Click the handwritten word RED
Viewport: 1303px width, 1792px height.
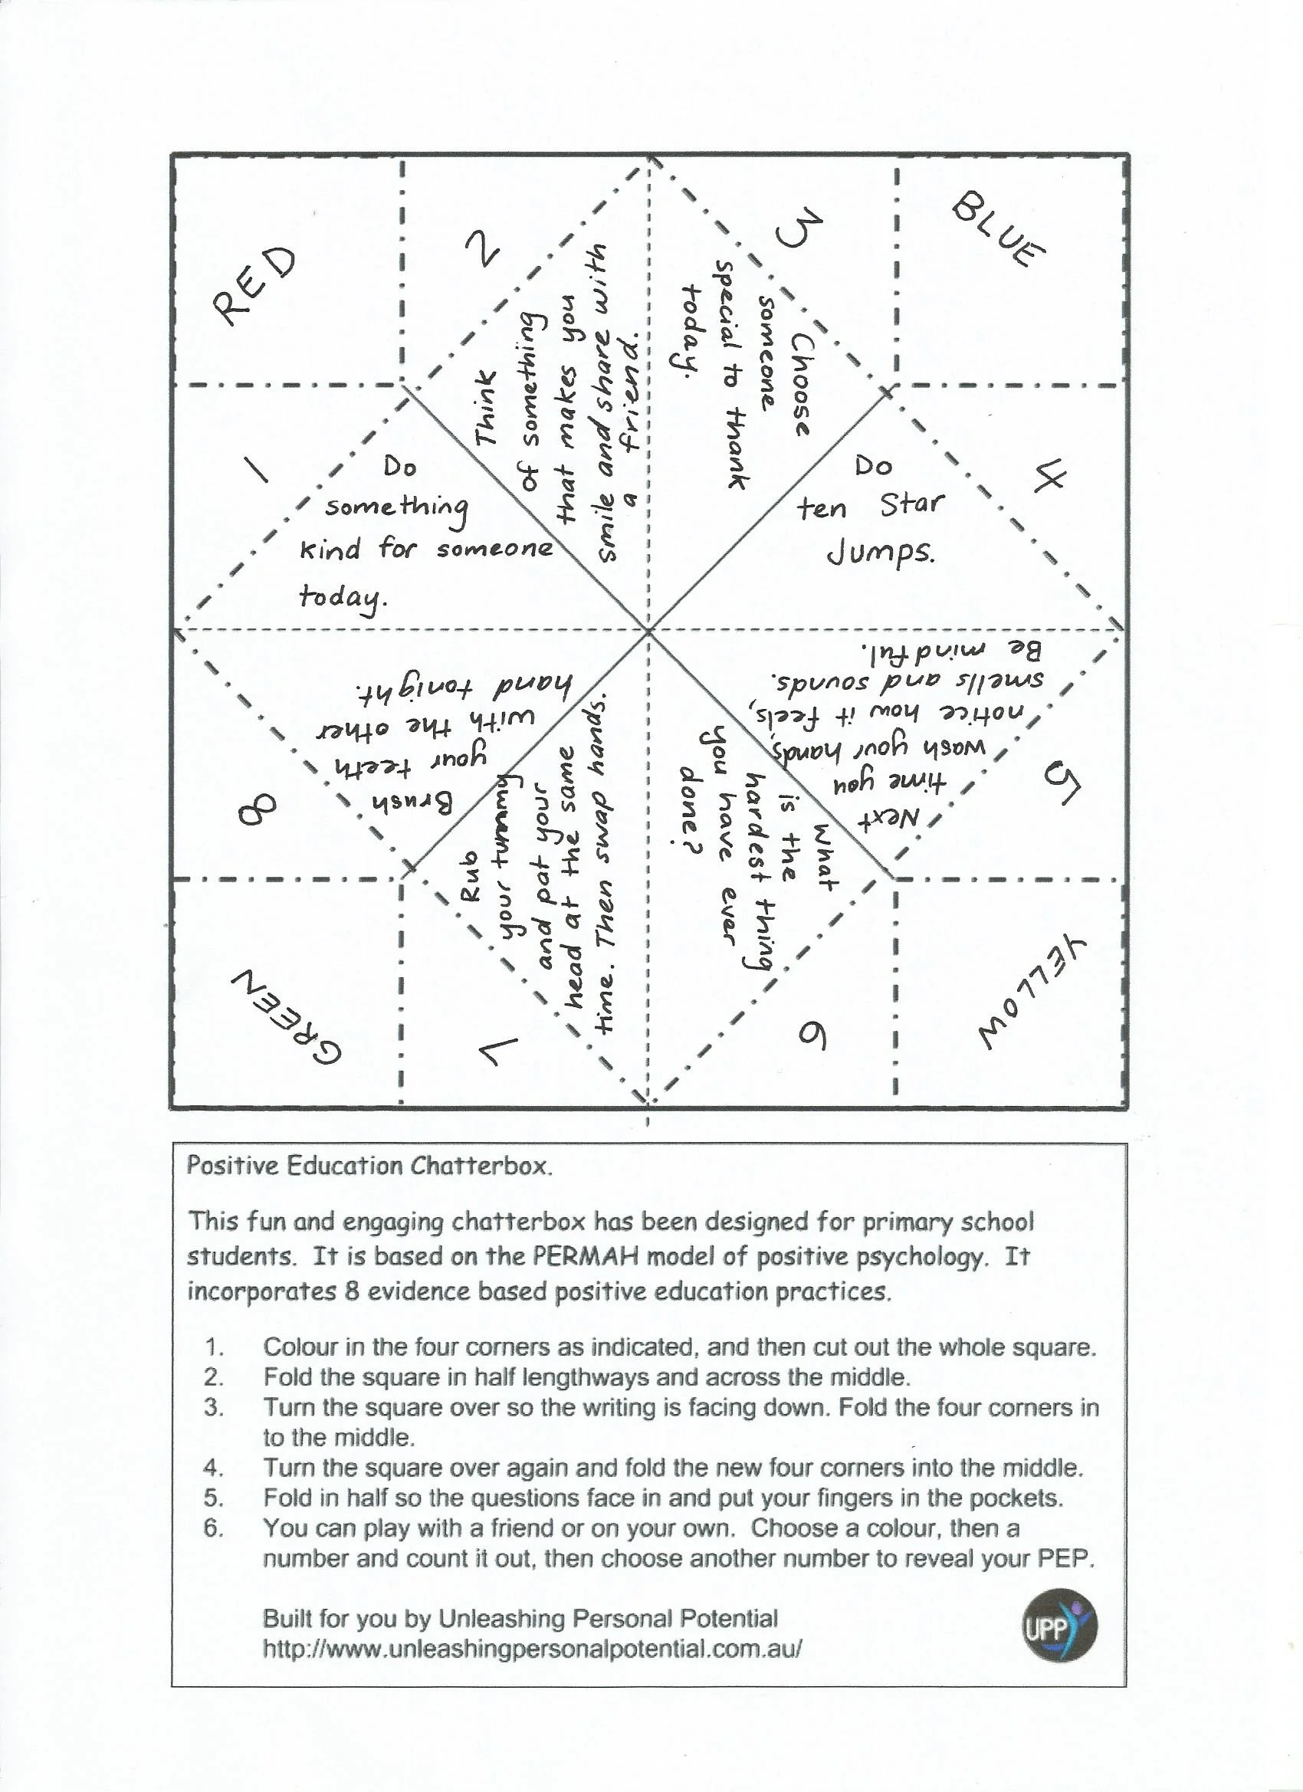[254, 285]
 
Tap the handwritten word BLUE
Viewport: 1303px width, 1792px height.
[998, 229]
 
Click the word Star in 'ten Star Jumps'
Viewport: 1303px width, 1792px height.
[911, 504]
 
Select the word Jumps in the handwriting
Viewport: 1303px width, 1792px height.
[881, 554]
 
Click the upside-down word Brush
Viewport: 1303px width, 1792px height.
[412, 802]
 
